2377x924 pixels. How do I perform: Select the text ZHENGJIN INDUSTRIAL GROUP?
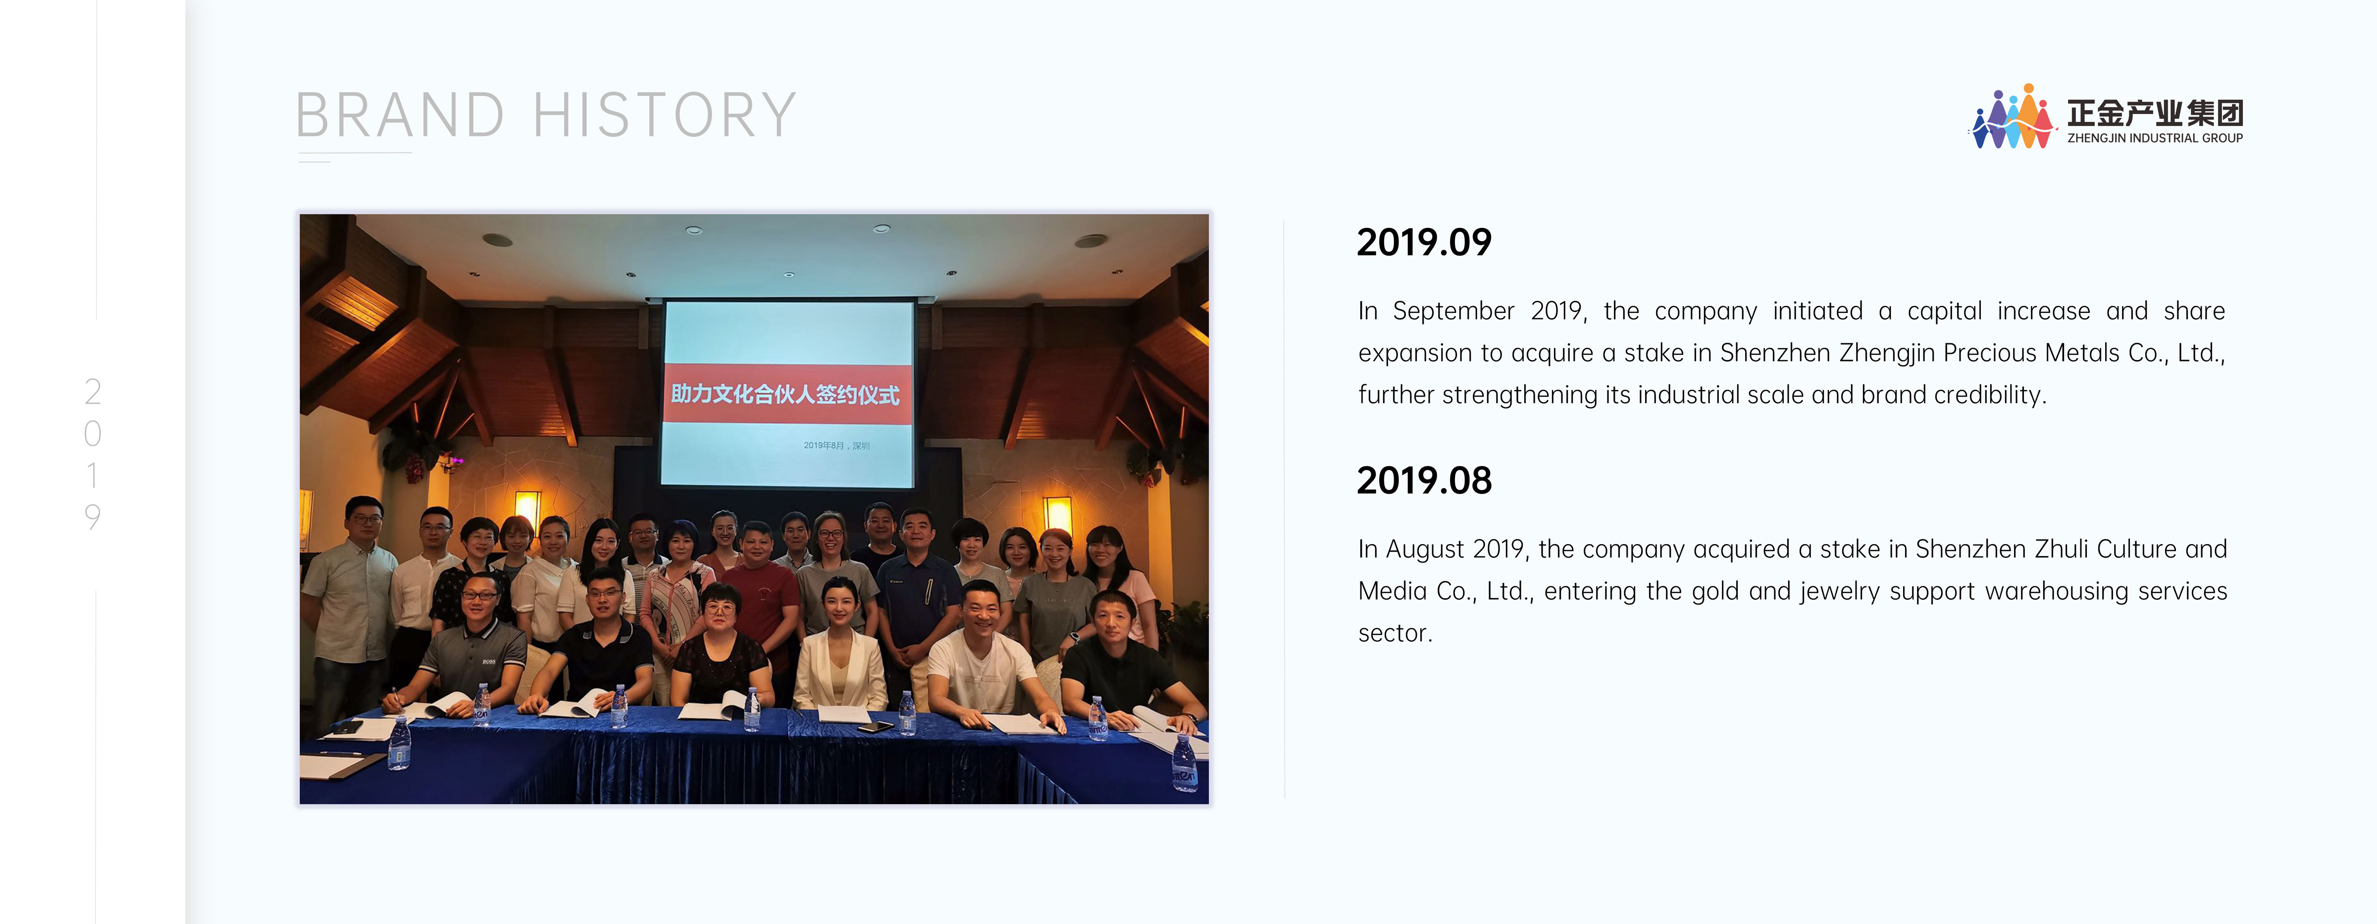2155,139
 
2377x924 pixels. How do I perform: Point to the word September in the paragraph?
1453,311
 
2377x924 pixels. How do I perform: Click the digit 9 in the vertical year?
92,517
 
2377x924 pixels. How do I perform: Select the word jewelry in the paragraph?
1840,592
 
